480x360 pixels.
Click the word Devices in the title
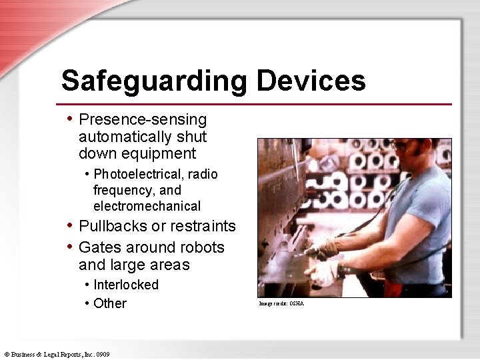[311, 81]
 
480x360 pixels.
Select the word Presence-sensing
[143, 120]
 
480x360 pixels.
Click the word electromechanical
[147, 206]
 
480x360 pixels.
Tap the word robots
[203, 247]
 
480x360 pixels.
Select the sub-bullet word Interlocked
[126, 285]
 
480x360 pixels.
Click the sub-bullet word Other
[110, 303]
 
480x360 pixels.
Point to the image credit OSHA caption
[281, 304]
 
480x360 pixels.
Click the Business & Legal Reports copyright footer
[57, 354]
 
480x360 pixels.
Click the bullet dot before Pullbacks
[70, 225]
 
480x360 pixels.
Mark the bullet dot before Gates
[70, 247]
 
